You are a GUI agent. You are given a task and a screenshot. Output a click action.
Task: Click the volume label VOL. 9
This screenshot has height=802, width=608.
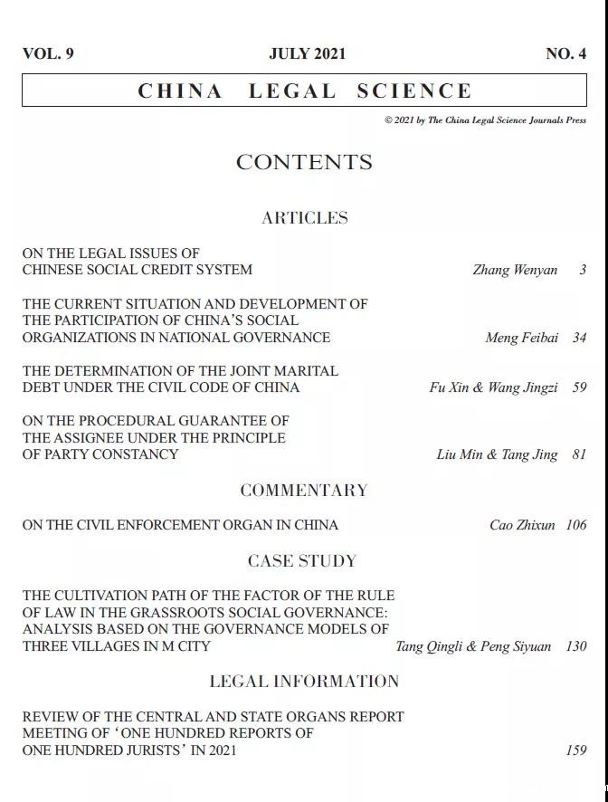48,53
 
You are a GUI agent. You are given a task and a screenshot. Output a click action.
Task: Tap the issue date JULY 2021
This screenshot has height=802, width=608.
307,53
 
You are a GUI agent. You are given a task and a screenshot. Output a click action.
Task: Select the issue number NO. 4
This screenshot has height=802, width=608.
565,53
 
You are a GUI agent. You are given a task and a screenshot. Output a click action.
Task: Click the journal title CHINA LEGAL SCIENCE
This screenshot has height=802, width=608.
305,91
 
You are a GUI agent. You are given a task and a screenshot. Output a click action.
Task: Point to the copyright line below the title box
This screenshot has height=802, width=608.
485,119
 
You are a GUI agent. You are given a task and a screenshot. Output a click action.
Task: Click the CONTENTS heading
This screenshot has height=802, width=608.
304,162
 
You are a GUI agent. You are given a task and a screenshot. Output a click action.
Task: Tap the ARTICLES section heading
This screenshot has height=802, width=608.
304,217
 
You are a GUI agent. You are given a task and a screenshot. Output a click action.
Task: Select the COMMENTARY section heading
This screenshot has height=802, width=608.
304,490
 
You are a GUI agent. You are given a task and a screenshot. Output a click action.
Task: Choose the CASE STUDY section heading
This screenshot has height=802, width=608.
302,561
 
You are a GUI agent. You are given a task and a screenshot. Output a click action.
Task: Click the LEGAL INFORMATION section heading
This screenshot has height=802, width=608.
304,681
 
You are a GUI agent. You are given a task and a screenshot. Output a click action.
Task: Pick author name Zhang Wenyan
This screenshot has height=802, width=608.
515,270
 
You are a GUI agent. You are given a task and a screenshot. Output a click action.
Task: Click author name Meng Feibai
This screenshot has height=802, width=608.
521,338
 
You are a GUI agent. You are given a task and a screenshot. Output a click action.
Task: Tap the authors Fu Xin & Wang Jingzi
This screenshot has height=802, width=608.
493,387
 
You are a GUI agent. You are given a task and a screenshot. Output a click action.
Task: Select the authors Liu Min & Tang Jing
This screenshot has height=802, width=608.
497,454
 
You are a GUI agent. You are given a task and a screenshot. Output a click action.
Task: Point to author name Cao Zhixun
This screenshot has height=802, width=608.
522,525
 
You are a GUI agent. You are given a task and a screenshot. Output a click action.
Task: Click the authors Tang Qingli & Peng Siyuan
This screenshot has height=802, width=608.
473,646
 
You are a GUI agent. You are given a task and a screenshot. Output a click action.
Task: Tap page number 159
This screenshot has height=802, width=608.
575,750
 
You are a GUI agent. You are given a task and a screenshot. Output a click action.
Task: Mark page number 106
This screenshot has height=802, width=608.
575,525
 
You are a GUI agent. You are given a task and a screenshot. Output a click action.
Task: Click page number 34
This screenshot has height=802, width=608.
579,338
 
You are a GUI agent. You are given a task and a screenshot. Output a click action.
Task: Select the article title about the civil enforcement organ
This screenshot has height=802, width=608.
180,525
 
